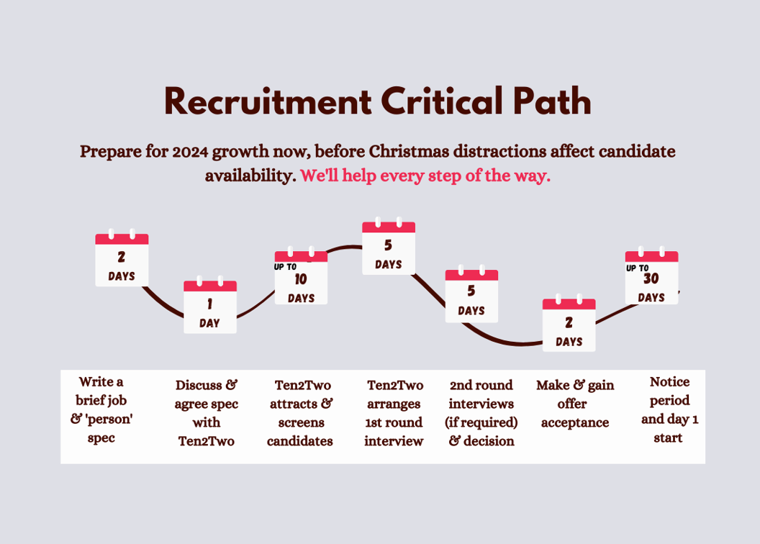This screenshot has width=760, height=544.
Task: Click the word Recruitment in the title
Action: point(268,101)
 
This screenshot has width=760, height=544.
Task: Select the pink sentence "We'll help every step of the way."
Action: point(425,176)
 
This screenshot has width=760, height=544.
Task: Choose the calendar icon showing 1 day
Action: point(210,307)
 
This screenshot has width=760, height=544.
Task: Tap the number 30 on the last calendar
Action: point(651,279)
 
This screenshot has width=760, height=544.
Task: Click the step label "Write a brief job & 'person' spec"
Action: point(101,409)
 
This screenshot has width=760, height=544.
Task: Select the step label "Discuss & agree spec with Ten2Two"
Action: point(207,413)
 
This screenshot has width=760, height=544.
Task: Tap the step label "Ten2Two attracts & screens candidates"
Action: point(300,413)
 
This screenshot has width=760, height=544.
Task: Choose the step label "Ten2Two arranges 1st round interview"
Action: point(394,413)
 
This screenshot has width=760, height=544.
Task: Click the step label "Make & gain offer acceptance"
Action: point(575,404)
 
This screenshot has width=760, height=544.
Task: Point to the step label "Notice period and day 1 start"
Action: point(669,409)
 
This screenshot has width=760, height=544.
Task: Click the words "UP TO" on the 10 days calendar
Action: point(285,267)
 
